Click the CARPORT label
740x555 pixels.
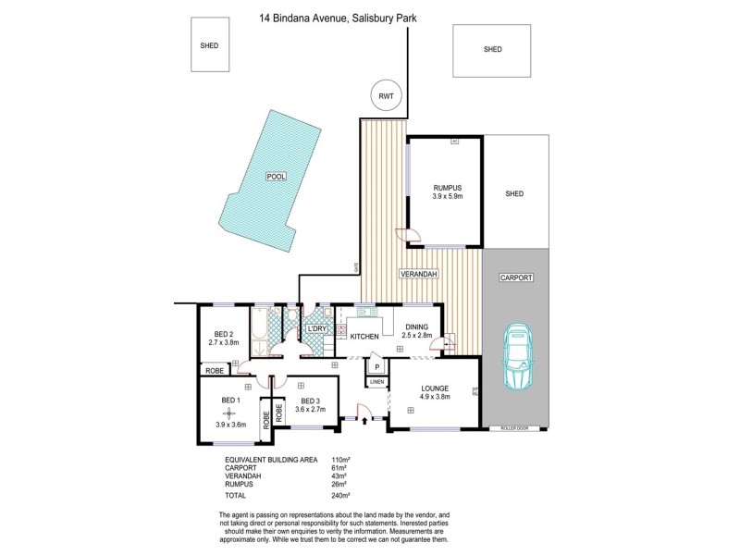pyautogui.click(x=515, y=277)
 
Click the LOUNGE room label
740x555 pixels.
pyautogui.click(x=434, y=388)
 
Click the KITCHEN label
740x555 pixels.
pyautogui.click(x=364, y=337)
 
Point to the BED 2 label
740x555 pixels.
pyautogui.click(x=224, y=335)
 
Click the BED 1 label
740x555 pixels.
pyautogui.click(x=230, y=399)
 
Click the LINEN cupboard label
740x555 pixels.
pyautogui.click(x=376, y=381)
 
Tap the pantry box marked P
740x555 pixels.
pyautogui.click(x=376, y=365)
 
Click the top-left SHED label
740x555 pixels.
pyautogui.click(x=209, y=44)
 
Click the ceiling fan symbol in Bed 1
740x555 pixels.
pyautogui.click(x=230, y=413)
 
